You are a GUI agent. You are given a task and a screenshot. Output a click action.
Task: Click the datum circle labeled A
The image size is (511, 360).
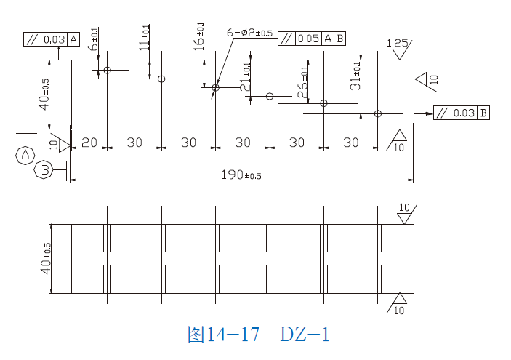pyautogui.click(x=25, y=154)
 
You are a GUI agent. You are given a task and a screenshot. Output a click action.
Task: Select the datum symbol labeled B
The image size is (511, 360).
pyautogui.click(x=44, y=170)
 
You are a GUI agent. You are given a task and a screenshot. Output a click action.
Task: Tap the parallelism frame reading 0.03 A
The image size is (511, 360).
pyautogui.click(x=52, y=39)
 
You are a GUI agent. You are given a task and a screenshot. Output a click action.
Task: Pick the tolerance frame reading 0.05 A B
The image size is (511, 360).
pyautogui.click(x=313, y=39)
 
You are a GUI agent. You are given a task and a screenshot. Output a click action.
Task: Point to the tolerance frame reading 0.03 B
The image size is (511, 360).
pyautogui.click(x=461, y=113)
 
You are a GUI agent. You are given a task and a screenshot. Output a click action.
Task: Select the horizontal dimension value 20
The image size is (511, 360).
pyautogui.click(x=89, y=143)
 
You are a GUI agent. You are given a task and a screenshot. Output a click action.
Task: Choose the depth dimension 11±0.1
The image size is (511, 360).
pyautogui.click(x=145, y=38)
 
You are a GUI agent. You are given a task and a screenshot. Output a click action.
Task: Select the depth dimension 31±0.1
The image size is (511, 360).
pyautogui.click(x=356, y=76)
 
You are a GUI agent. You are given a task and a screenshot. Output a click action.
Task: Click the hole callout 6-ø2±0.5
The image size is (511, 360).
pyautogui.click(x=249, y=33)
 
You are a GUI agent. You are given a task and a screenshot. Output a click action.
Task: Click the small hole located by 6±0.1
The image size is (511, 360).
pyautogui.click(x=107, y=70)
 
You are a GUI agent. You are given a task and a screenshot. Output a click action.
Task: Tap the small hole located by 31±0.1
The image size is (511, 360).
pyautogui.click(x=378, y=113)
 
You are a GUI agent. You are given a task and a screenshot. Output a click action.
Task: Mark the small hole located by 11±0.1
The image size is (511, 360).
pyautogui.click(x=161, y=79)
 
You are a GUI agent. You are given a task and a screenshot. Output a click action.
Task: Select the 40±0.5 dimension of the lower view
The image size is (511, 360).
pyautogui.click(x=47, y=258)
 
